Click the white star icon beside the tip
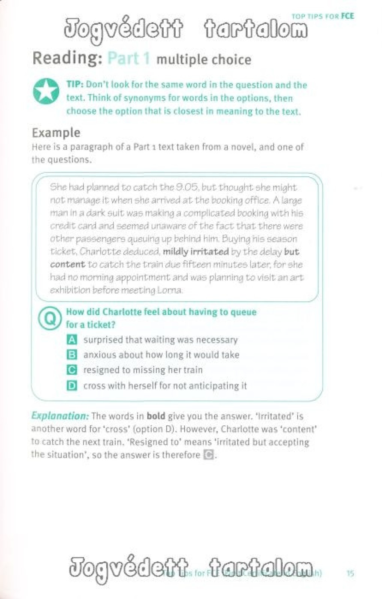pos(46,91)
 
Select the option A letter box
pos(72,340)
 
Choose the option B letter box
pos(72,355)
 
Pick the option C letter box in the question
pos(72,370)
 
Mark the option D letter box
pos(72,386)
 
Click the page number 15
pos(350,573)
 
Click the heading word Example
pos(56,133)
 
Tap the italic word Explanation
pos(60,416)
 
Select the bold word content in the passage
pos(67,264)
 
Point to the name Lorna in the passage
pos(170,290)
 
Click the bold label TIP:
pos(75,85)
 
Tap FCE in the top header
pos(347,16)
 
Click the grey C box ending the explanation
pos(209,455)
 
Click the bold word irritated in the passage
pos(210,252)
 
